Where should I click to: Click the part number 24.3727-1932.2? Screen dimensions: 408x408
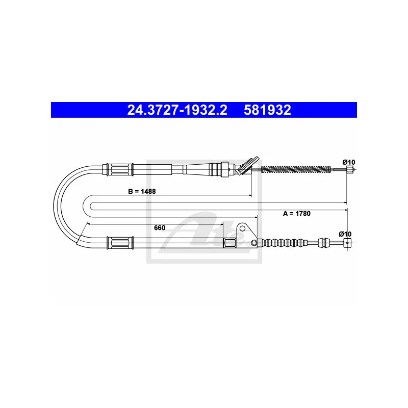click(x=177, y=110)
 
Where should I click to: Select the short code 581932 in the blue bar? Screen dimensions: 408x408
click(x=267, y=110)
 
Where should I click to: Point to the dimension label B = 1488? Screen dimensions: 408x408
click(x=142, y=191)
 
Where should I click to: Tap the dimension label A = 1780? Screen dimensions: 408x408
click(x=297, y=213)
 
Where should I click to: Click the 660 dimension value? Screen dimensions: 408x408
click(x=160, y=227)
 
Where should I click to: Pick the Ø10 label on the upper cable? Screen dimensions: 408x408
click(x=349, y=162)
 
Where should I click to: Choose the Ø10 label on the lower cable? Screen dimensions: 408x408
click(x=345, y=234)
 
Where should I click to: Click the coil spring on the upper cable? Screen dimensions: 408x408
click(x=296, y=169)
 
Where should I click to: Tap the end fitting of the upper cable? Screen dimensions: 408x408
click(x=350, y=170)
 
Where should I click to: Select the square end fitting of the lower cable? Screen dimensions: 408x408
click(x=347, y=243)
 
